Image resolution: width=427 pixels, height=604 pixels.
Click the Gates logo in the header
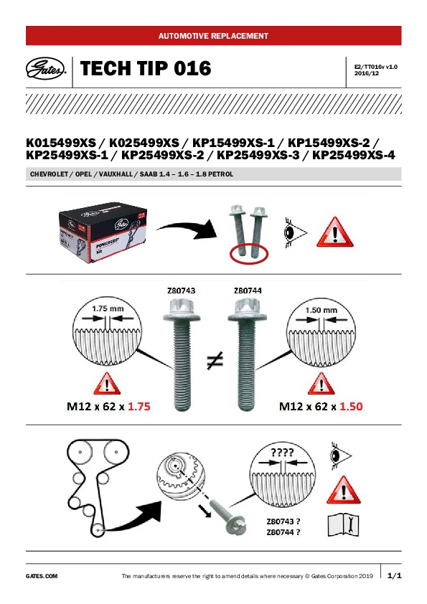[x=45, y=69]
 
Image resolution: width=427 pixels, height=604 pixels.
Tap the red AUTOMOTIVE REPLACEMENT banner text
[x=213, y=36]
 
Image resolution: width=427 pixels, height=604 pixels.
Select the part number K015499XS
[x=61, y=143]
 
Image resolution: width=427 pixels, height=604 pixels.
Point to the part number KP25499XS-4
[x=353, y=155]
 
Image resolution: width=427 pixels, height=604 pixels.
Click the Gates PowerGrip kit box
[x=103, y=232]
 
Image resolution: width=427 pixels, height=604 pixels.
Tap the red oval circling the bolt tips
[x=248, y=254]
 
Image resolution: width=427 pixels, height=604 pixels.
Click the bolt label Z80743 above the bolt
[x=181, y=291]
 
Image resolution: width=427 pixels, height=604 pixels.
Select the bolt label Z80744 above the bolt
[x=248, y=291]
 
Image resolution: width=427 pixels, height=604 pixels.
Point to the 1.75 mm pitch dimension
[x=108, y=308]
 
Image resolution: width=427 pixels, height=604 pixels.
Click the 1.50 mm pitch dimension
[x=322, y=310]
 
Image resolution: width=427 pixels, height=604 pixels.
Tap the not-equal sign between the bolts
[x=215, y=361]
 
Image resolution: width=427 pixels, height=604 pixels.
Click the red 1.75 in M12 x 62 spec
[x=139, y=407]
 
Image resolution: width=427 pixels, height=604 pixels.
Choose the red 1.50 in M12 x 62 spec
[x=351, y=407]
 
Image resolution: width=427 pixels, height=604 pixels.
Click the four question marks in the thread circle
[x=282, y=452]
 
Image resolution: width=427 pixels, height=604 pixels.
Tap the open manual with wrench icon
[x=343, y=524]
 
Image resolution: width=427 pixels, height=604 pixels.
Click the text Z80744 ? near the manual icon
[x=283, y=532]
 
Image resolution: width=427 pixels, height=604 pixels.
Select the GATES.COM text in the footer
[x=42, y=576]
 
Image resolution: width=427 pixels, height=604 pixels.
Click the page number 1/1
[x=394, y=576]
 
